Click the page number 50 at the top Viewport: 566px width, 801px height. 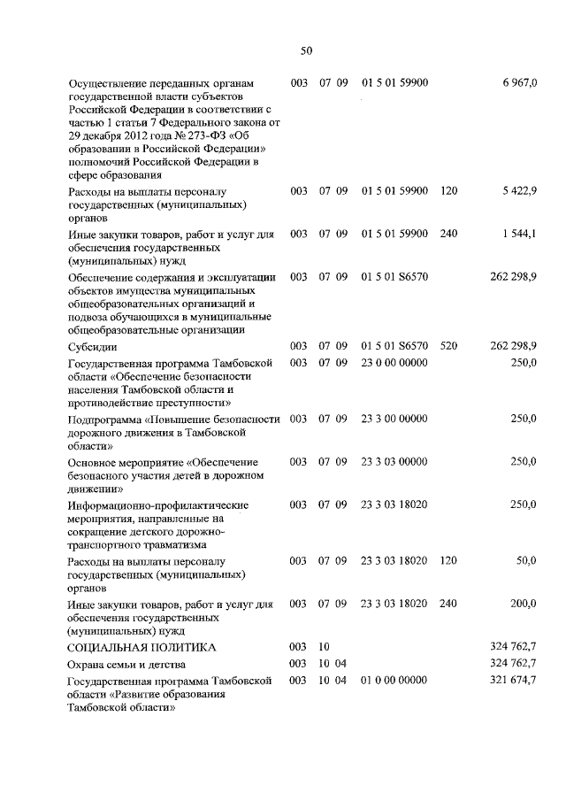(306, 50)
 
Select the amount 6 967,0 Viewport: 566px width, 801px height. (519, 82)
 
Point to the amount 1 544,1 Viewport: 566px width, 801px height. (519, 234)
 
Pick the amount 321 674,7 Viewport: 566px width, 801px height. (513, 680)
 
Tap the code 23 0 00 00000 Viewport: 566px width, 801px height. (394, 363)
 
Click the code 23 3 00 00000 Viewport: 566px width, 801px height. (394, 419)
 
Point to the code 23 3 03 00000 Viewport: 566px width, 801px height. (394, 462)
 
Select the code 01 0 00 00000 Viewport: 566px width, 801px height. (394, 680)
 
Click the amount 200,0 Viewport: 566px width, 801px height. (523, 604)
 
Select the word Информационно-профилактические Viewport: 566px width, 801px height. (146, 505)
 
